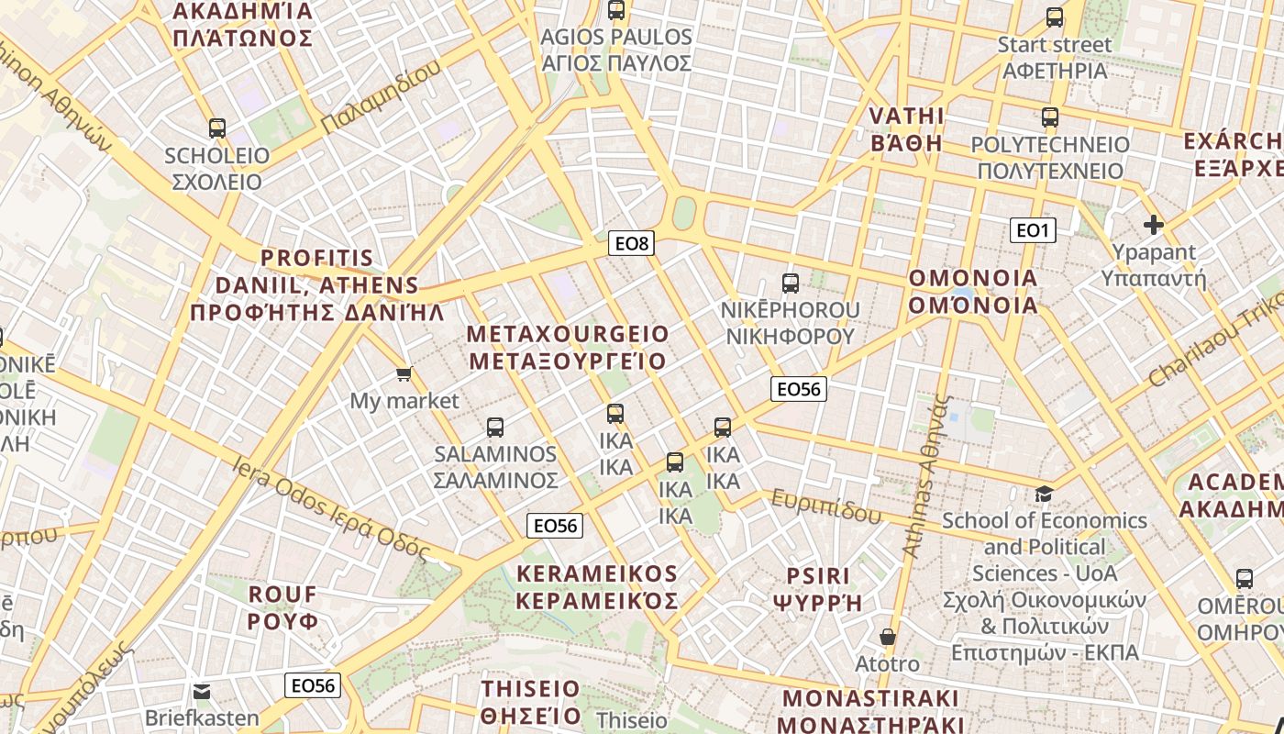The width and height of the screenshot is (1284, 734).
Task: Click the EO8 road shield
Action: tap(631, 243)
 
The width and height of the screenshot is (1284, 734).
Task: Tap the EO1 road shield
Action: tap(1033, 230)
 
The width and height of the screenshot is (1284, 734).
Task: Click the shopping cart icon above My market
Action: tap(404, 373)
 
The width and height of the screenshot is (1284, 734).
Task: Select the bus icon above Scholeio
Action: tap(217, 128)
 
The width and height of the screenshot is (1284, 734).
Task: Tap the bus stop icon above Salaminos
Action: tap(495, 427)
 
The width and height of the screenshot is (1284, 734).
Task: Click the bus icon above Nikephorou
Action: tap(791, 283)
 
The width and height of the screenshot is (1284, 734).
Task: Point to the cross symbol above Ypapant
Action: tap(1154, 224)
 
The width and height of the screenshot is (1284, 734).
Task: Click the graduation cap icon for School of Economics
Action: tap(1044, 495)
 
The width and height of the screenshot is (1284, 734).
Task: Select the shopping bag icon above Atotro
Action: tap(887, 636)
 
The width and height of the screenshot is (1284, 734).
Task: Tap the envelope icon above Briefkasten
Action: tap(202, 691)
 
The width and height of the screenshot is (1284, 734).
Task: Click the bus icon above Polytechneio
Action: tap(1050, 117)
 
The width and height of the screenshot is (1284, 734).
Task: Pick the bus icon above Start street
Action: tap(1055, 17)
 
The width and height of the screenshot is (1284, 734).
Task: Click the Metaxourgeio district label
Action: tap(568, 347)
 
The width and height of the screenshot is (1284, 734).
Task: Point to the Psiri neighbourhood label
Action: tap(818, 589)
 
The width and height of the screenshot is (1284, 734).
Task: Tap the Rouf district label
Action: tap(283, 607)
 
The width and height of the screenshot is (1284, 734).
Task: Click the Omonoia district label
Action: tap(973, 291)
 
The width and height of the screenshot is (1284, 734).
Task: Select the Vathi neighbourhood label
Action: tap(906, 128)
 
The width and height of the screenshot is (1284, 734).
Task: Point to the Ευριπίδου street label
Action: tap(826, 506)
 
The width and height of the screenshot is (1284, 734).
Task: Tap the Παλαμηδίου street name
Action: tap(381, 95)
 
